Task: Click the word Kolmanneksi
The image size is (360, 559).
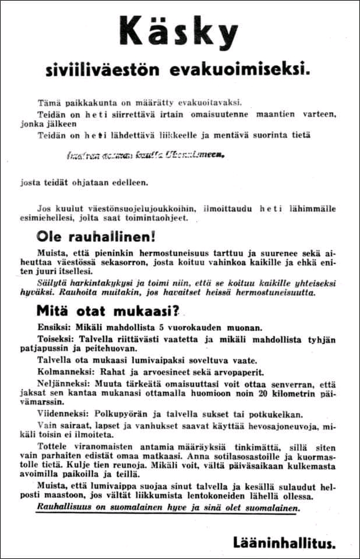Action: (x=63, y=372)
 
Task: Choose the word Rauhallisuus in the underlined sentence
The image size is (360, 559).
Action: (x=62, y=508)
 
